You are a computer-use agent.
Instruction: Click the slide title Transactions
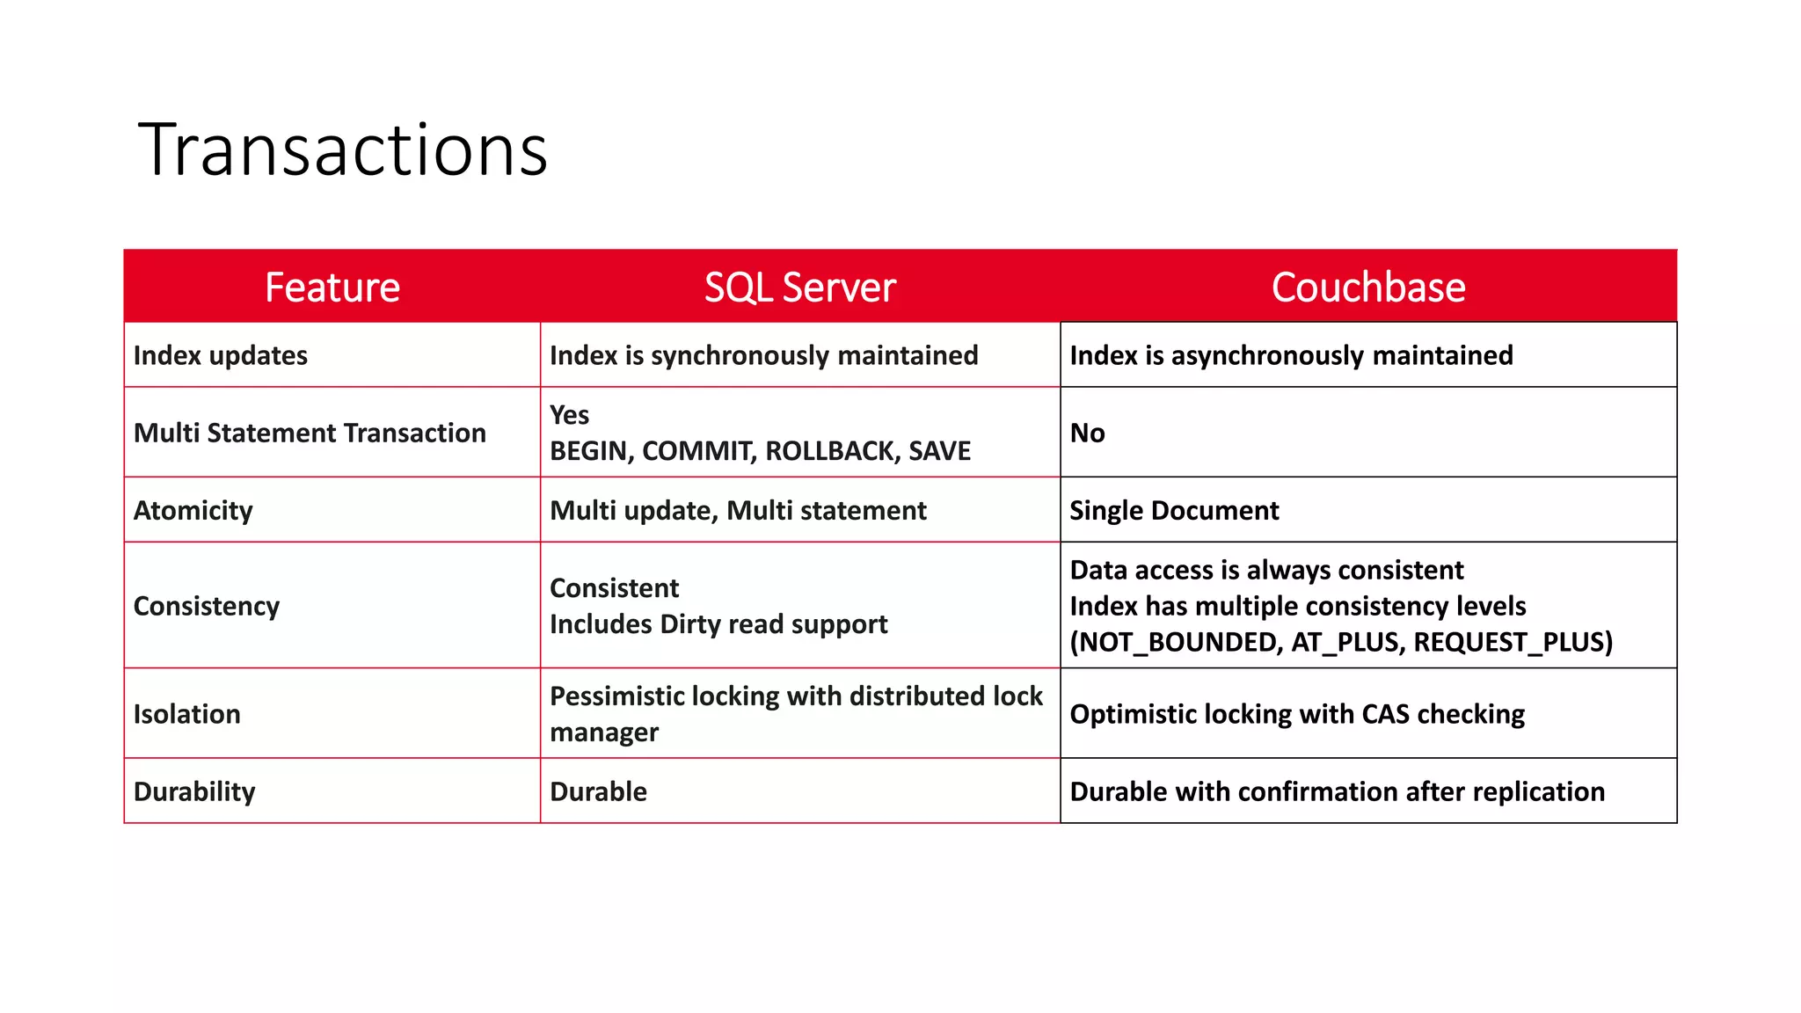(343, 149)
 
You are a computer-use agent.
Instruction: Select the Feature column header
(332, 288)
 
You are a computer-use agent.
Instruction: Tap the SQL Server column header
(799, 288)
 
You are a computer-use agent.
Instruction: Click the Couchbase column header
(1368, 288)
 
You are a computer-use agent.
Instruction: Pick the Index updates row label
(221, 355)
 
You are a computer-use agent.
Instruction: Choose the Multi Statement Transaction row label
(310, 433)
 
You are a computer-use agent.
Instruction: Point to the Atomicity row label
(193, 510)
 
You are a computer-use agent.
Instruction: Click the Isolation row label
(187, 714)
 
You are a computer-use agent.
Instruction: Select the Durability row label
(194, 791)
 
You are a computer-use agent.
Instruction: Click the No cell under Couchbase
(1088, 433)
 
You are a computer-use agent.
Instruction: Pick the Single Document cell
(1174, 510)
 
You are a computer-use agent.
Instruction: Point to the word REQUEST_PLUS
(1511, 642)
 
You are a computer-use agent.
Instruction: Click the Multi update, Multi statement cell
(738, 510)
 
